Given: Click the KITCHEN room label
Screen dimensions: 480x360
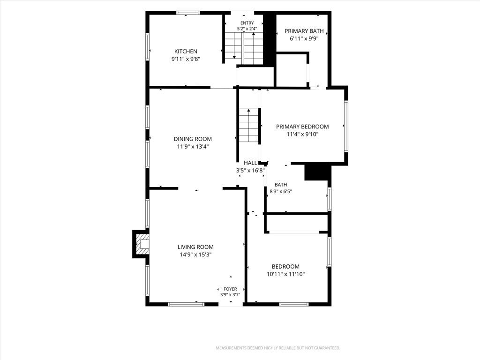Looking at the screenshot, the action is click(x=186, y=52).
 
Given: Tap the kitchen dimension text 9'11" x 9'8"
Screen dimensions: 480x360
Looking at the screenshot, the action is click(x=186, y=59).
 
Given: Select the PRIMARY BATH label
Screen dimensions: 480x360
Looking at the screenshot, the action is click(x=304, y=31).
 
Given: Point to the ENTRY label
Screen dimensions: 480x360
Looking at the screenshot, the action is click(x=247, y=23).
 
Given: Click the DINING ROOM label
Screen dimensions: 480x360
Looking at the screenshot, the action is click(x=193, y=139).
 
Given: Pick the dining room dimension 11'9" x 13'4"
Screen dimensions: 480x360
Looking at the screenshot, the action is click(x=193, y=147).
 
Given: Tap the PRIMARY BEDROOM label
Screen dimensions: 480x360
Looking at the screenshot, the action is click(x=302, y=127).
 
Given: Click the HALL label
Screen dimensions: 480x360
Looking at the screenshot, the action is click(x=250, y=163).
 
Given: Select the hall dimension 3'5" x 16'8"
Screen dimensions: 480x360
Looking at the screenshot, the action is click(x=250, y=171).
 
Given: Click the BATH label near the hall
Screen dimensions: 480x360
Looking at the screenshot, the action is click(x=281, y=185).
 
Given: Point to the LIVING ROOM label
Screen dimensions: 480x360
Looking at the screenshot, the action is click(x=195, y=247).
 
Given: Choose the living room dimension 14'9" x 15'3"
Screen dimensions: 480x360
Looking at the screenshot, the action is click(x=195, y=255).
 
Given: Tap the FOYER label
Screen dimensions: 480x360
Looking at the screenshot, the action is click(x=230, y=289).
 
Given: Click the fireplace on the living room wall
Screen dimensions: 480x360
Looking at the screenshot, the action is click(x=141, y=244).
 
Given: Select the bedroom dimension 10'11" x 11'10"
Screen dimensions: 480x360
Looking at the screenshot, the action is click(x=285, y=274).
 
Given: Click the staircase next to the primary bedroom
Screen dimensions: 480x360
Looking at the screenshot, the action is click(x=249, y=125).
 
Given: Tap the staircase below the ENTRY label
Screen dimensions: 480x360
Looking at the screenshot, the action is click(x=244, y=48).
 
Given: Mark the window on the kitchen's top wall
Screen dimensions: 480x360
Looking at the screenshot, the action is click(x=188, y=13).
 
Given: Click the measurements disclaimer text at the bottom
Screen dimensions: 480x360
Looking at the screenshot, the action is click(x=278, y=348).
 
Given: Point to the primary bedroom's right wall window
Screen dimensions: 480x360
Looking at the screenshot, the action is click(x=346, y=126).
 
